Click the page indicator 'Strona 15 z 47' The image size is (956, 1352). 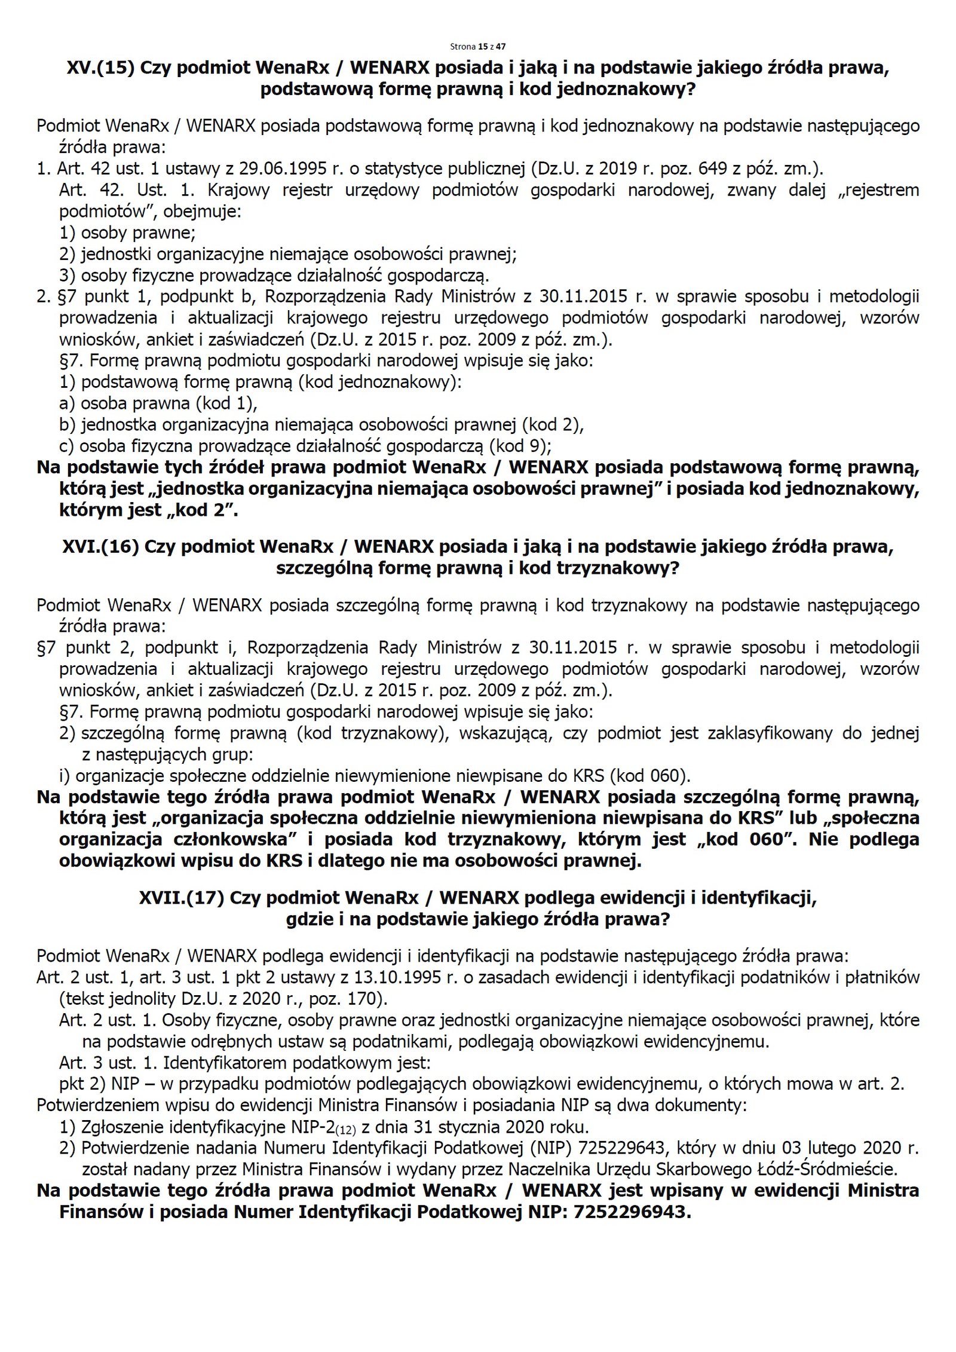coord(477,46)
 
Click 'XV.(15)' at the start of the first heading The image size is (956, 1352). coord(100,68)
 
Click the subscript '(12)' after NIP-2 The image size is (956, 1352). coord(346,1130)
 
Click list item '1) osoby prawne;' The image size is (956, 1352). coord(127,233)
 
